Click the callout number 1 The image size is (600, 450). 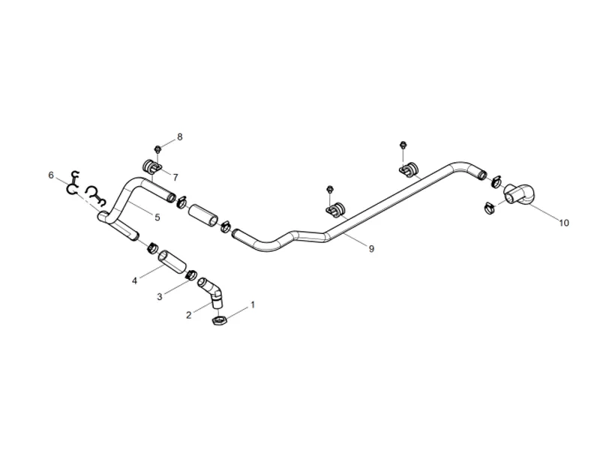pyautogui.click(x=252, y=305)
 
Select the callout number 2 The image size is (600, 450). pyautogui.click(x=189, y=315)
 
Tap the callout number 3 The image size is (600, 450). pyautogui.click(x=160, y=296)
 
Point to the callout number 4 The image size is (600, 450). pyautogui.click(x=135, y=280)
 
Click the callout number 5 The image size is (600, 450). pyautogui.click(x=157, y=217)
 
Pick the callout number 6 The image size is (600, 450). pyautogui.click(x=51, y=175)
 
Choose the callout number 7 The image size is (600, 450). pyautogui.click(x=175, y=178)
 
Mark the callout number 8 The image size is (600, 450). pyautogui.click(x=180, y=136)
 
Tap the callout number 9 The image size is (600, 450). pyautogui.click(x=371, y=249)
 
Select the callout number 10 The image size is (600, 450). pyautogui.click(x=564, y=222)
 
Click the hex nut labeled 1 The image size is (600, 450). pyautogui.click(x=220, y=320)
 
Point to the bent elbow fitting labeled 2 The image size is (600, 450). pyautogui.click(x=211, y=292)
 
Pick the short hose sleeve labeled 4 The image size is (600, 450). pyautogui.click(x=172, y=260)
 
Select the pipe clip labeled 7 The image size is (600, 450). pyautogui.click(x=153, y=166)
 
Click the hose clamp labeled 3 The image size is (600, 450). pyautogui.click(x=191, y=274)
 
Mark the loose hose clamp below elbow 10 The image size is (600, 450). pyautogui.click(x=490, y=208)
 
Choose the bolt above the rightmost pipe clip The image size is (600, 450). pyautogui.click(x=402, y=145)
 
